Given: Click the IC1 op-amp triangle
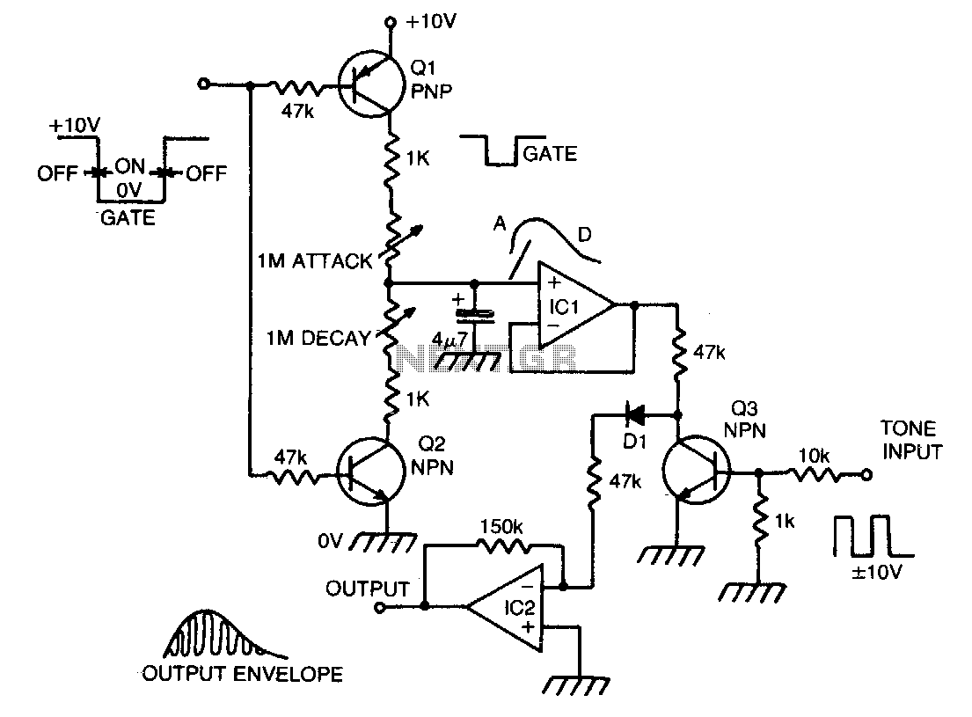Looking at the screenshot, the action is (575, 305).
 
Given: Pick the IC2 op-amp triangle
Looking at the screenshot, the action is (505, 607).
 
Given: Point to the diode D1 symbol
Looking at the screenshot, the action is (634, 413).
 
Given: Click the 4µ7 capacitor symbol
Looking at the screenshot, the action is (475, 316).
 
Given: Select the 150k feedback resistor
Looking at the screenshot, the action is (503, 545).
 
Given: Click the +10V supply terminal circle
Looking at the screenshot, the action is (391, 23).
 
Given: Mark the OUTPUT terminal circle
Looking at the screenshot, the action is (380, 607).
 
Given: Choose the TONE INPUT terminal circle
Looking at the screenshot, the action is (866, 475).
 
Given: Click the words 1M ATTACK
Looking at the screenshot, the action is (315, 261).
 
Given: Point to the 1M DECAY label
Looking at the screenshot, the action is (318, 338).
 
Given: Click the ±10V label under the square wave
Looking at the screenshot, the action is (876, 571).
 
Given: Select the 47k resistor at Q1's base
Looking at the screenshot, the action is (297, 88).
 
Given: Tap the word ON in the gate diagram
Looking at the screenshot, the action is (129, 166).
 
